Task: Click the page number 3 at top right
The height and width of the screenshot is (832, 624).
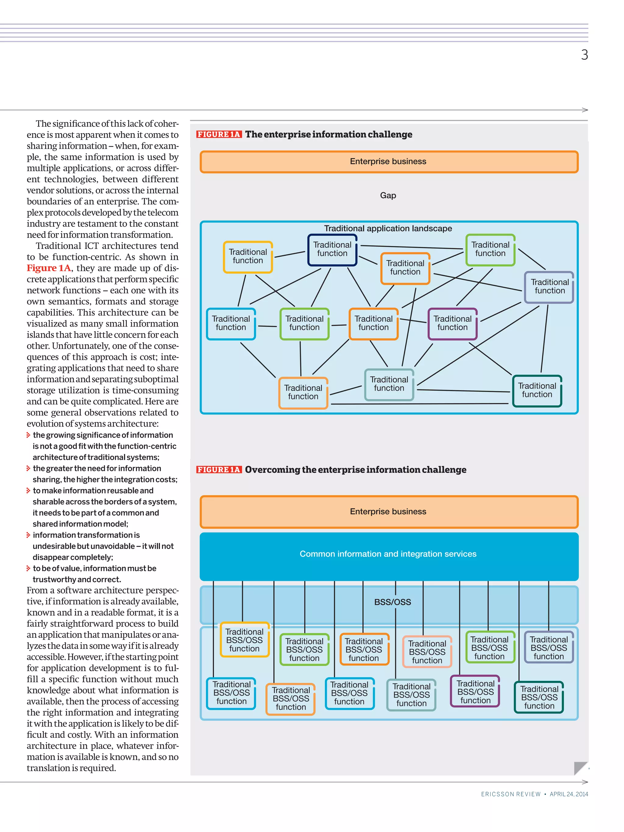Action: [584, 55]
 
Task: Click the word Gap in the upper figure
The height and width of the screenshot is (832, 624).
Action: [388, 195]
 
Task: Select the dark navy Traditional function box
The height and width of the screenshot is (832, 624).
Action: [332, 250]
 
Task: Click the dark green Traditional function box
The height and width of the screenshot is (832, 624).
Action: [537, 391]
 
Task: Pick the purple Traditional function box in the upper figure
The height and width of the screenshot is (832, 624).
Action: [452, 324]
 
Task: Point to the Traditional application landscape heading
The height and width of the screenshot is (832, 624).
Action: [388, 228]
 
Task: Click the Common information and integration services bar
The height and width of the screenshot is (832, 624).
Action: [388, 554]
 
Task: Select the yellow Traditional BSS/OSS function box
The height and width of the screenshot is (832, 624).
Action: [244, 640]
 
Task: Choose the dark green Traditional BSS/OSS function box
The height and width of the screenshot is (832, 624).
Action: [539, 697]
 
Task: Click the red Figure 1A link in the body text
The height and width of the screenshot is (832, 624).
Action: [48, 268]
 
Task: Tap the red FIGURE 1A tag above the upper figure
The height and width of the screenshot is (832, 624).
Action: [218, 134]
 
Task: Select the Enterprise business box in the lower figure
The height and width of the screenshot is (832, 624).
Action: [388, 512]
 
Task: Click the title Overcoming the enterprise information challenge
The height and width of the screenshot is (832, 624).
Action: [356, 469]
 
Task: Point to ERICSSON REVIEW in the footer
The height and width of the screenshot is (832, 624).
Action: [510, 794]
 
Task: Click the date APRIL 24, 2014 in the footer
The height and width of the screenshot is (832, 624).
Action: [569, 794]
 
